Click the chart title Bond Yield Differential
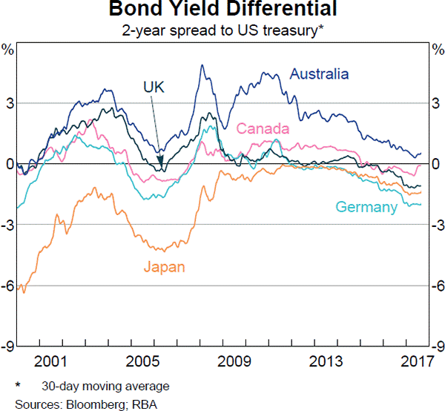[x=222, y=10]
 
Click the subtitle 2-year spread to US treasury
[x=222, y=31]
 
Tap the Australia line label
[x=319, y=74]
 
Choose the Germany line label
[x=366, y=207]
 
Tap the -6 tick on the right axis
[x=437, y=286]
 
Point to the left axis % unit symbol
[x=8, y=50]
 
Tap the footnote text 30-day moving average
[x=105, y=386]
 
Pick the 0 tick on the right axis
[x=435, y=164]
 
